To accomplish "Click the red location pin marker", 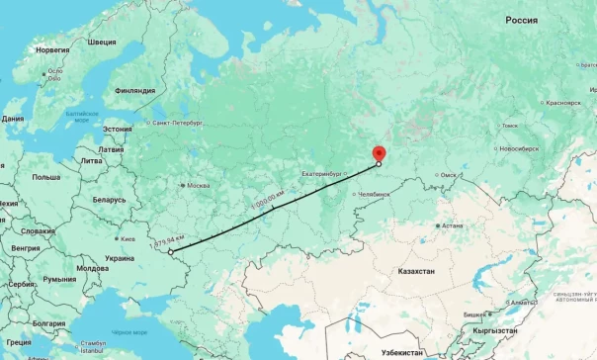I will click(378, 153).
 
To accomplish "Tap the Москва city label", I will click(199, 185).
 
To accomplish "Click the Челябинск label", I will click(375, 194).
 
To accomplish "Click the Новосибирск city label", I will click(519, 148).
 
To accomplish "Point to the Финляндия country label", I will click(135, 90).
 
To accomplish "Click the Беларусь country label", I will click(109, 199).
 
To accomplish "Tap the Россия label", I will click(521, 20).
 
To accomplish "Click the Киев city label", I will click(128, 238).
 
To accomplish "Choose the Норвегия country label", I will click(52, 48).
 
